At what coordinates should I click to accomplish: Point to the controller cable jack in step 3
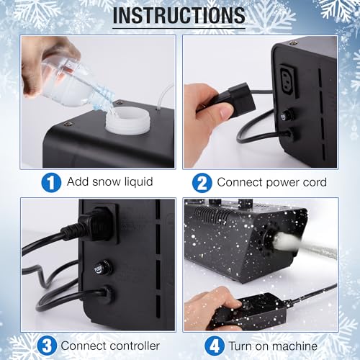(x=106, y=294)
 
